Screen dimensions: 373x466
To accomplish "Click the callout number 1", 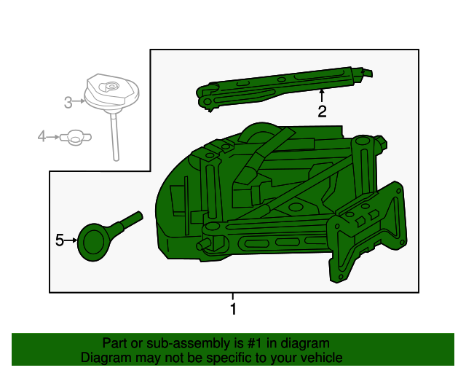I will pos(233,310).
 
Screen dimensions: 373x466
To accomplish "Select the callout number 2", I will pos(322,111).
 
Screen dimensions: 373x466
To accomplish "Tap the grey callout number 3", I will pos(68,103).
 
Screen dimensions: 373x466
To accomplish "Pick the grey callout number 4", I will pos(42,136).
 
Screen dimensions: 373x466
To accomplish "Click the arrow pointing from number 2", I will pos(322,95).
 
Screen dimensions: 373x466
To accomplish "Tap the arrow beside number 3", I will pos(79,103).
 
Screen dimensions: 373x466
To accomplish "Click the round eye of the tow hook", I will pos(93,243).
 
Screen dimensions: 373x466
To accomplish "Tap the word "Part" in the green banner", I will pos(115,343).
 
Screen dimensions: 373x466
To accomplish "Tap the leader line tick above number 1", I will pos(233,297).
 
